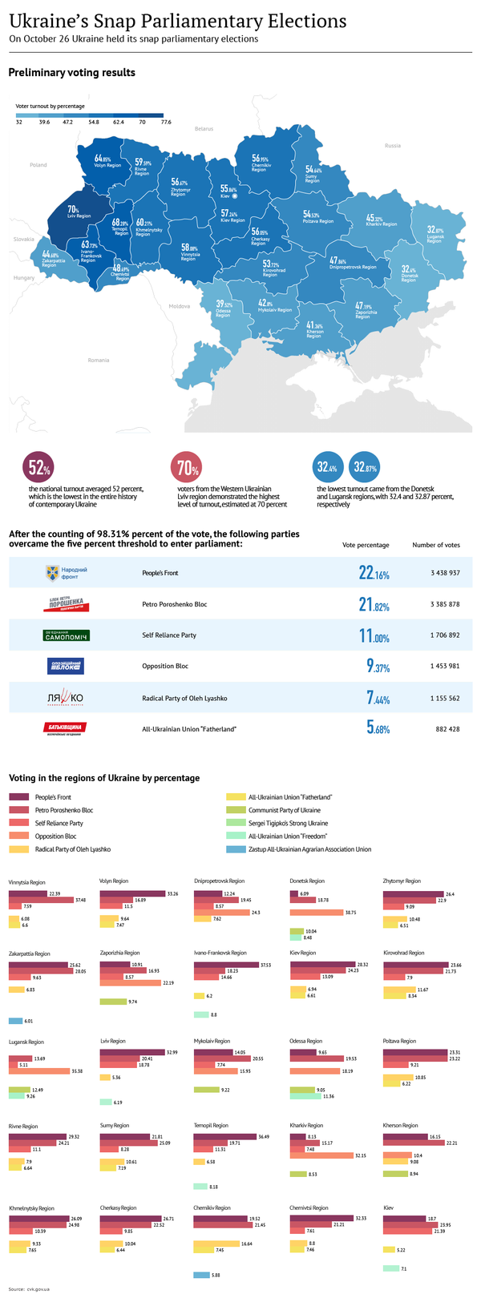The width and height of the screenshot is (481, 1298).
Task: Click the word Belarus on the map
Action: (x=204, y=128)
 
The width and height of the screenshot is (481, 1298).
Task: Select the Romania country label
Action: (x=98, y=360)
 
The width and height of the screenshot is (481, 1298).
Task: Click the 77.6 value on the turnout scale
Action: (x=166, y=123)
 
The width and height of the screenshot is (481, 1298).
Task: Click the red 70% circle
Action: (x=187, y=468)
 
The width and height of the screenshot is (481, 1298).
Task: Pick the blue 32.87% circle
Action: (x=365, y=468)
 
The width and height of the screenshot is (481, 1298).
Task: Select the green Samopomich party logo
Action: (x=66, y=635)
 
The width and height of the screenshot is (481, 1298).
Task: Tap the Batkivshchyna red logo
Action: (x=65, y=728)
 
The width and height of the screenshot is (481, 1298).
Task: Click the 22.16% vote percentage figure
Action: (x=374, y=574)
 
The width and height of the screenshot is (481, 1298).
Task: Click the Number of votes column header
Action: (x=436, y=545)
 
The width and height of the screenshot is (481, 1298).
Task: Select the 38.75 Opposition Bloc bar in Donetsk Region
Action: (x=316, y=913)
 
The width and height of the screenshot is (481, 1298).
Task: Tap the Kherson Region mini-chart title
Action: (x=401, y=1126)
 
